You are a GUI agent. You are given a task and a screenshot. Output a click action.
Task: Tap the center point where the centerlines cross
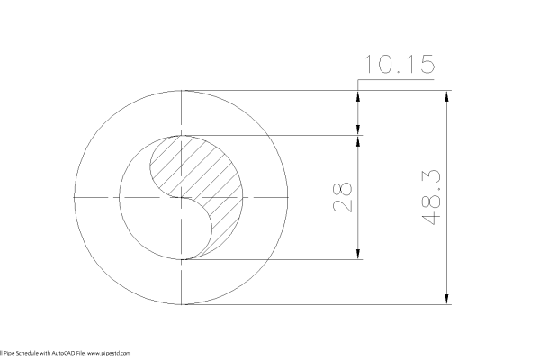183,197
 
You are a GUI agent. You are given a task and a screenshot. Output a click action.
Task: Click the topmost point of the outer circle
183,90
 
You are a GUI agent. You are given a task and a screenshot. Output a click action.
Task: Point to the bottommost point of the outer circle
183,304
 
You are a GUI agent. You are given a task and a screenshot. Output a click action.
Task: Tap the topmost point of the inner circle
183,135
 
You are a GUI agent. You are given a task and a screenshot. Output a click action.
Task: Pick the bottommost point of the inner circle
183,259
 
